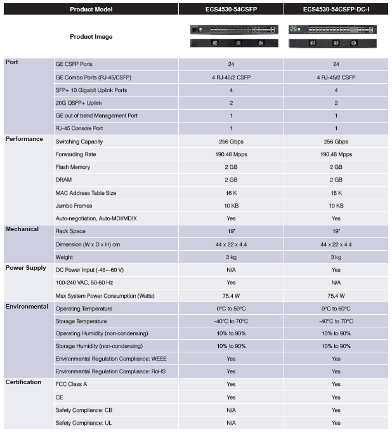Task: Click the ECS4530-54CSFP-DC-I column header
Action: coord(336,10)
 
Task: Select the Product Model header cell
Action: coord(91,10)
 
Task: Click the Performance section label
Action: coord(24,138)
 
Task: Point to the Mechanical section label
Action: coord(22,229)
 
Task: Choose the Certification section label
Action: coord(23,382)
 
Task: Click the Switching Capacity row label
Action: coord(79,142)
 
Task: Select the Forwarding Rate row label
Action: coord(77,154)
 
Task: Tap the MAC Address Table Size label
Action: coord(86,193)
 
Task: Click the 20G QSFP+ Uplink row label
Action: coord(79,103)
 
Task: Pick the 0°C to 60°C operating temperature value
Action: coord(336,309)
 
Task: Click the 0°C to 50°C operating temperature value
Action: coord(231,309)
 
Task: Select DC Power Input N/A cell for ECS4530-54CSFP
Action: coord(231,270)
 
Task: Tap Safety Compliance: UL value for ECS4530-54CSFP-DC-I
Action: coord(336,423)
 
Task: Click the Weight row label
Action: coord(64,257)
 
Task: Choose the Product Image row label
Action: coord(91,37)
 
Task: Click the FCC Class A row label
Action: coord(71,385)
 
